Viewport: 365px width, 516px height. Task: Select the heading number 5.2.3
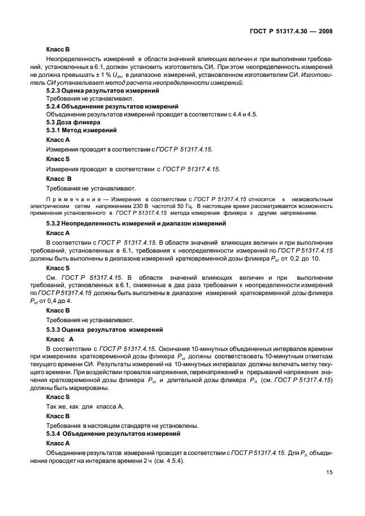54,89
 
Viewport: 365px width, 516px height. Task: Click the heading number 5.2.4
54,106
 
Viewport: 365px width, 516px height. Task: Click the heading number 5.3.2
54,224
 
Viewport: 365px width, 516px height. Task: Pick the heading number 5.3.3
54,328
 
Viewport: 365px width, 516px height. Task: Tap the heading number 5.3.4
54,433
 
